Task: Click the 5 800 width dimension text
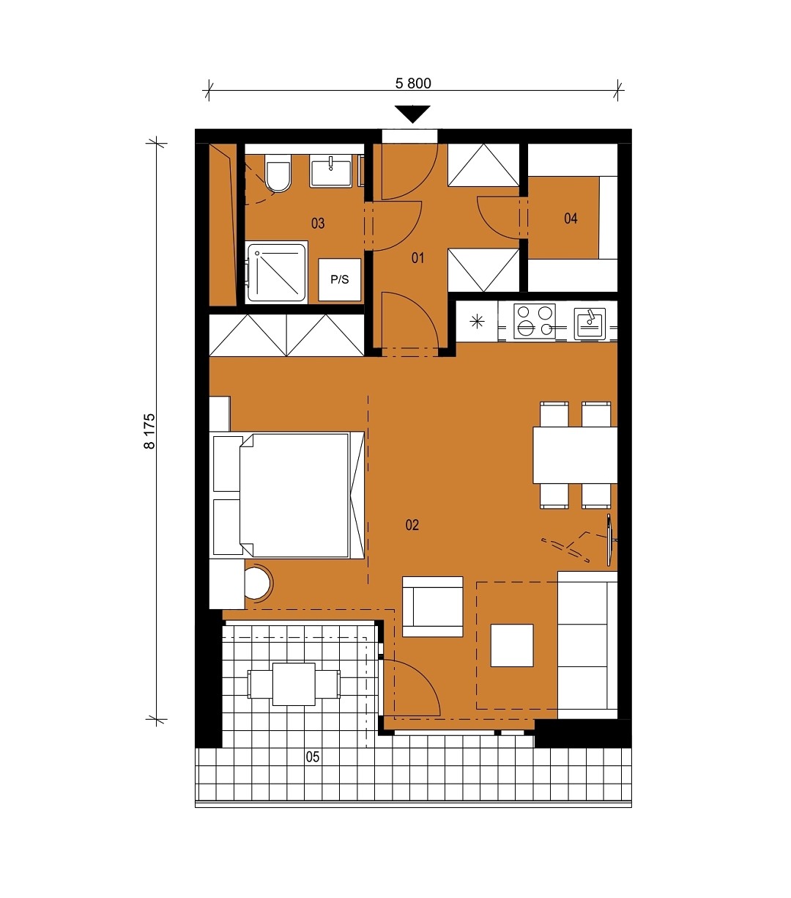[413, 84]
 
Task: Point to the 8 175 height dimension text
[149, 431]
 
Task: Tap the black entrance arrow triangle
[413, 114]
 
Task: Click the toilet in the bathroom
[278, 173]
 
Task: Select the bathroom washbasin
[331, 171]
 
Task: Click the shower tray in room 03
[277, 272]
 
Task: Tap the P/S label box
[340, 280]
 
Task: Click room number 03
[318, 223]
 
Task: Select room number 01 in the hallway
[417, 257]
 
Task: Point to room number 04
[571, 218]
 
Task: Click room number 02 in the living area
[412, 525]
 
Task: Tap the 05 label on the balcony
[312, 757]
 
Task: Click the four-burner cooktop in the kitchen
[534, 321]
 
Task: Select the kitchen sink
[590, 324]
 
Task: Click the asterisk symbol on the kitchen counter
[477, 321]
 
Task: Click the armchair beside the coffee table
[432, 607]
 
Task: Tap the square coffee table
[511, 645]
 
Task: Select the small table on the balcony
[294, 684]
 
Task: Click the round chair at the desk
[259, 584]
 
